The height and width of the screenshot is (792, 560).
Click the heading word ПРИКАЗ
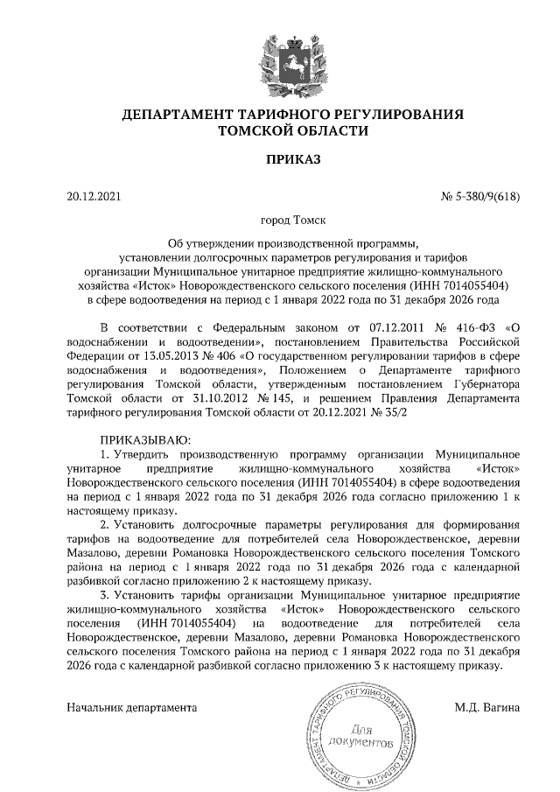pyautogui.click(x=293, y=159)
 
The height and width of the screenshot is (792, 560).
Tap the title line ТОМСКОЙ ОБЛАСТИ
pyautogui.click(x=293, y=130)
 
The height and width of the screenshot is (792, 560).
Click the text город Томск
pyautogui.click(x=293, y=222)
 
